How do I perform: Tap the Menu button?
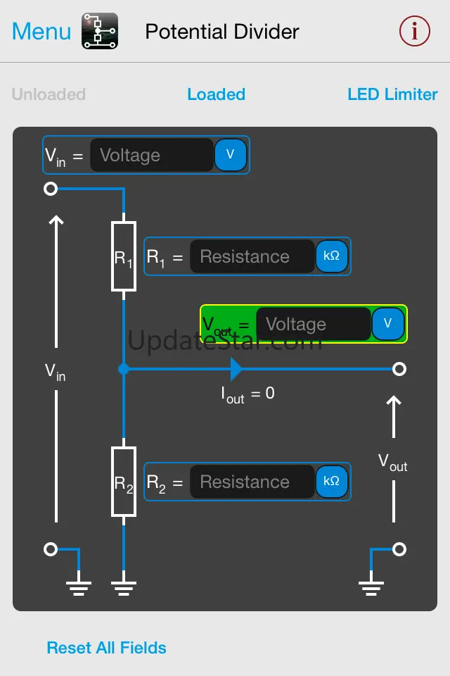pos(41,32)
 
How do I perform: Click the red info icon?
pos(414,32)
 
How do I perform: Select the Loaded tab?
pos(216,94)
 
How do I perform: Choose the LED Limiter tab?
pos(392,94)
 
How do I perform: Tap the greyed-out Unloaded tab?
pos(49,94)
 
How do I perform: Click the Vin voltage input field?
pos(151,156)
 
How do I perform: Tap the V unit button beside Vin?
pos(230,155)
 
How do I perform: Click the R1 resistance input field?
pos(252,257)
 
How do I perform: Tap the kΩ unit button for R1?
pos(331,256)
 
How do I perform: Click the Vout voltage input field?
pos(312,325)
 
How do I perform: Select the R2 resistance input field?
pos(252,482)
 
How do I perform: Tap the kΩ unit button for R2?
pos(331,482)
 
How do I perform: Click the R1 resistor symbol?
pos(124,256)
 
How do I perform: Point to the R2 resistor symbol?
pos(124,482)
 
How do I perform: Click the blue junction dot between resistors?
pos(124,368)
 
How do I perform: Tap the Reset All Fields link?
pos(106,648)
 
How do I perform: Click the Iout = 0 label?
pos(247,394)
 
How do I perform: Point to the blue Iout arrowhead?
pos(236,368)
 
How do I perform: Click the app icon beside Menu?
pos(100,31)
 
